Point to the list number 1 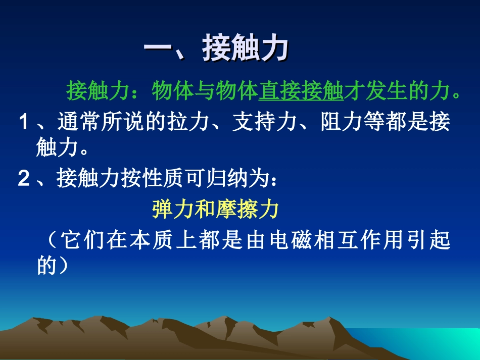(x=23, y=123)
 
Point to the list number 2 (x=23, y=179)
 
